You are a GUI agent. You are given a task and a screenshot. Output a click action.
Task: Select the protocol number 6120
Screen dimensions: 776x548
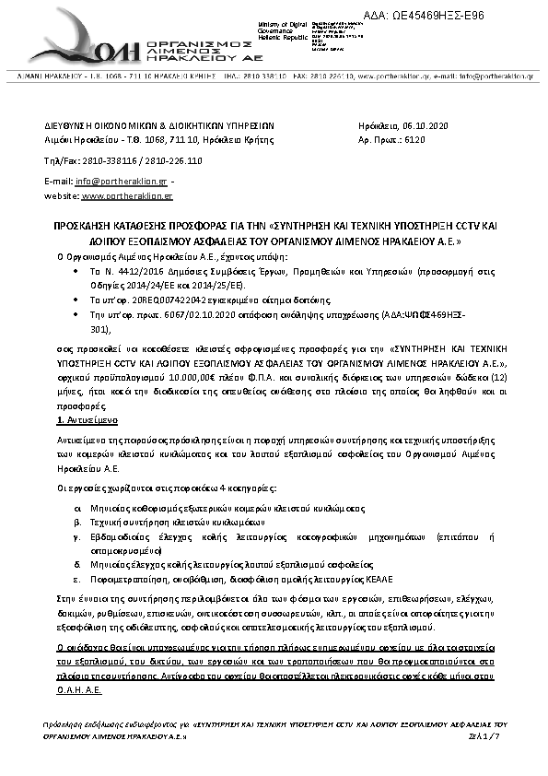click(x=415, y=140)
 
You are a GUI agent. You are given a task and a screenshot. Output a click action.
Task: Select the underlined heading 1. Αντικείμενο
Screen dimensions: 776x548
click(x=76, y=419)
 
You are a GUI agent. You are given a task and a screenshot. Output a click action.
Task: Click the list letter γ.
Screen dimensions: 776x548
click(x=77, y=535)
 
